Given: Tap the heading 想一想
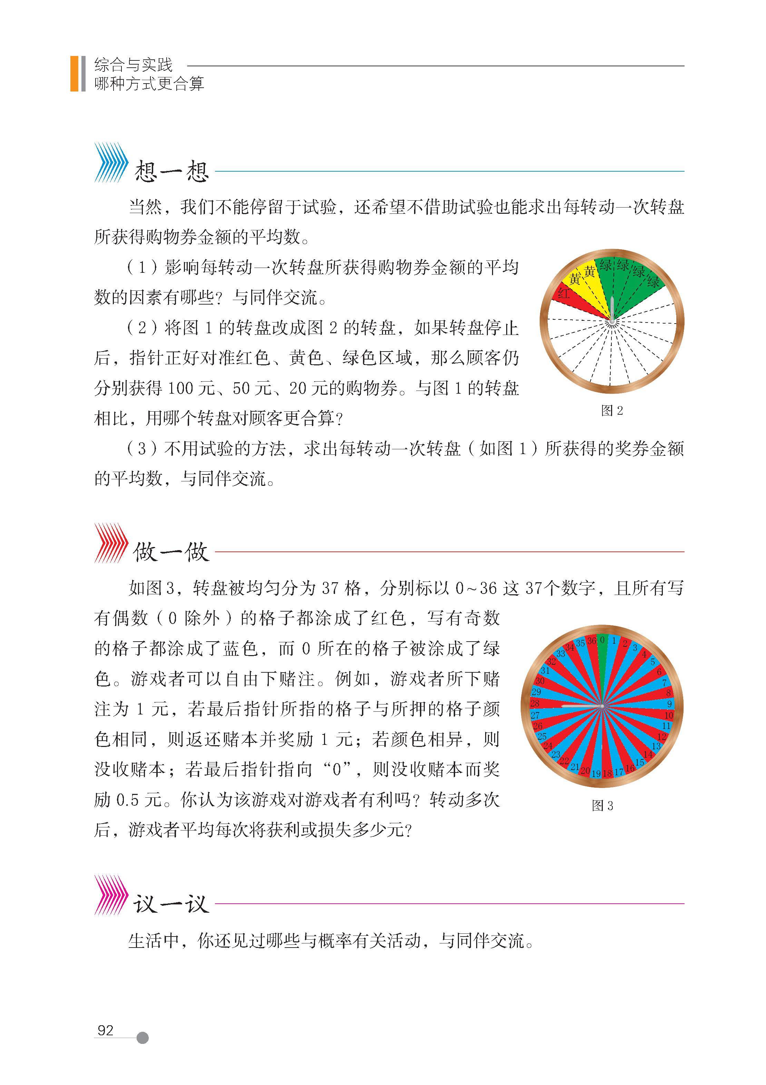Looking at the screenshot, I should click(171, 171).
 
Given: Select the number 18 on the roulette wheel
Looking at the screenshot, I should click(607, 773).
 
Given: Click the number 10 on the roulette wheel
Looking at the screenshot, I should click(669, 716).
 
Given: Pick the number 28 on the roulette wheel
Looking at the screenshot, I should click(535, 703).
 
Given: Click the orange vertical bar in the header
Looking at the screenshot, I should click(74, 73).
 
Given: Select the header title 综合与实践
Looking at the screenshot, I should click(134, 65).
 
